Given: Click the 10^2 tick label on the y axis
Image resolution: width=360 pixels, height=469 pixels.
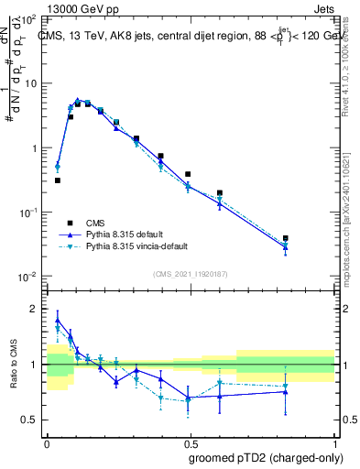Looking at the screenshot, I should [29, 19].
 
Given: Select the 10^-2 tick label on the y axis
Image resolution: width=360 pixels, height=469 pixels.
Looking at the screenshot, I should [27, 277].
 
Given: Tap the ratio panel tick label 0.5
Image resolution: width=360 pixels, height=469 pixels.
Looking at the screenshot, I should [33, 420].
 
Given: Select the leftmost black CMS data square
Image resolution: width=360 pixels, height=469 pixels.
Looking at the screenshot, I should [58, 180].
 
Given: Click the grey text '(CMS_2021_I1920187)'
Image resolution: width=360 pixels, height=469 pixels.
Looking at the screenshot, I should [189, 274].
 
